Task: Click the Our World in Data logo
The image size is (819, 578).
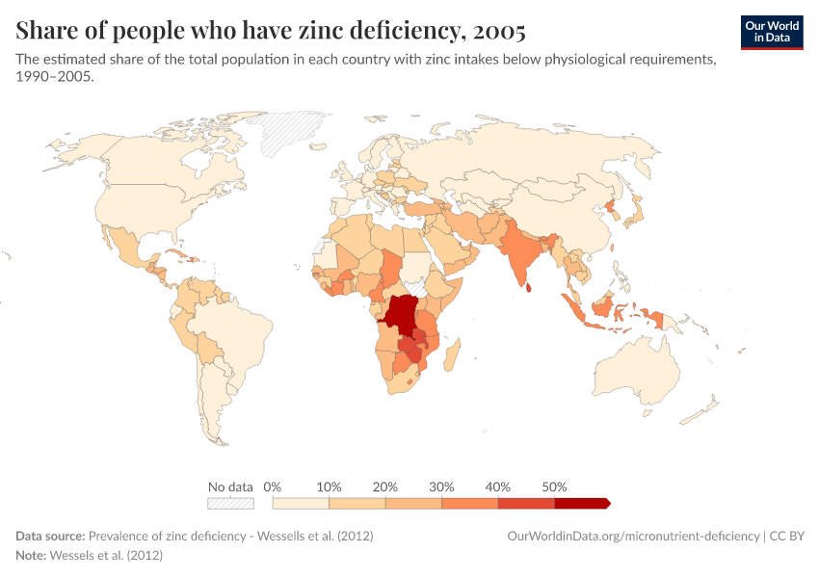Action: [772, 32]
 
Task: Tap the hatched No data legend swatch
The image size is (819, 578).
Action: [230, 503]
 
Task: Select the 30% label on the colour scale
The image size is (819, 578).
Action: [441, 486]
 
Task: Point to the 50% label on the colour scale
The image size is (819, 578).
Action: [554, 486]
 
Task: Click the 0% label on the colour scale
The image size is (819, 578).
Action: [273, 486]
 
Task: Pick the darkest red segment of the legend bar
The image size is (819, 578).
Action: [581, 503]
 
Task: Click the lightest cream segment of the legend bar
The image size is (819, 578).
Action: [301, 503]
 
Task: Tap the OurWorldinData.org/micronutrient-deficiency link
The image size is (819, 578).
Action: [633, 536]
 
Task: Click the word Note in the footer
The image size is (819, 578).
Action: [30, 556]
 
